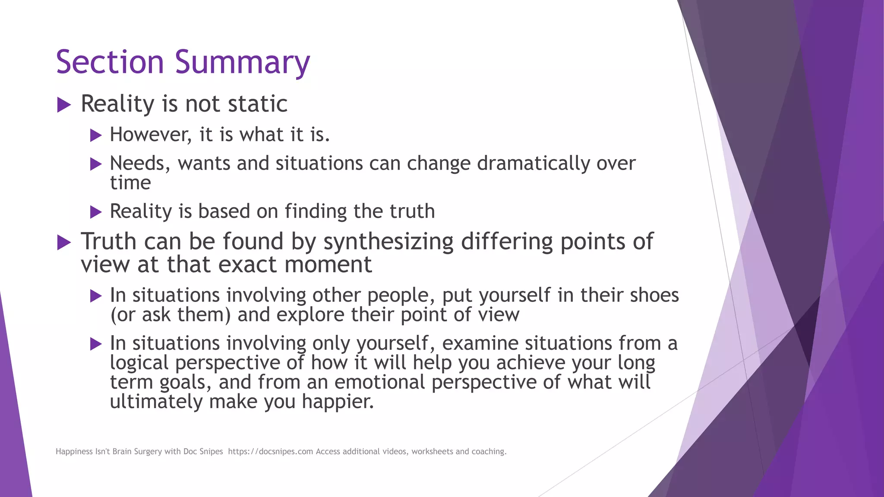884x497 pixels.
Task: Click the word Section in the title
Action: coord(110,62)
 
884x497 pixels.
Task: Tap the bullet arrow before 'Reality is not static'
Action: coord(64,105)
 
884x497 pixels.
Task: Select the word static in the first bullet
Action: coord(257,104)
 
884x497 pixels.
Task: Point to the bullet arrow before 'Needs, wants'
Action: coord(96,164)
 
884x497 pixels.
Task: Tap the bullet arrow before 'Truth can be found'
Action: coord(64,242)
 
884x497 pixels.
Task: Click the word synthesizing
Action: coord(388,242)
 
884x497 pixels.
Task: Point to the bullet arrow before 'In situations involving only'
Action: coord(96,344)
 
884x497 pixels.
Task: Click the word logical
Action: coord(139,363)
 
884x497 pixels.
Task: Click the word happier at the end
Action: coord(338,402)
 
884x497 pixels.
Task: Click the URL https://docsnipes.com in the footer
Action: coord(270,452)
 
